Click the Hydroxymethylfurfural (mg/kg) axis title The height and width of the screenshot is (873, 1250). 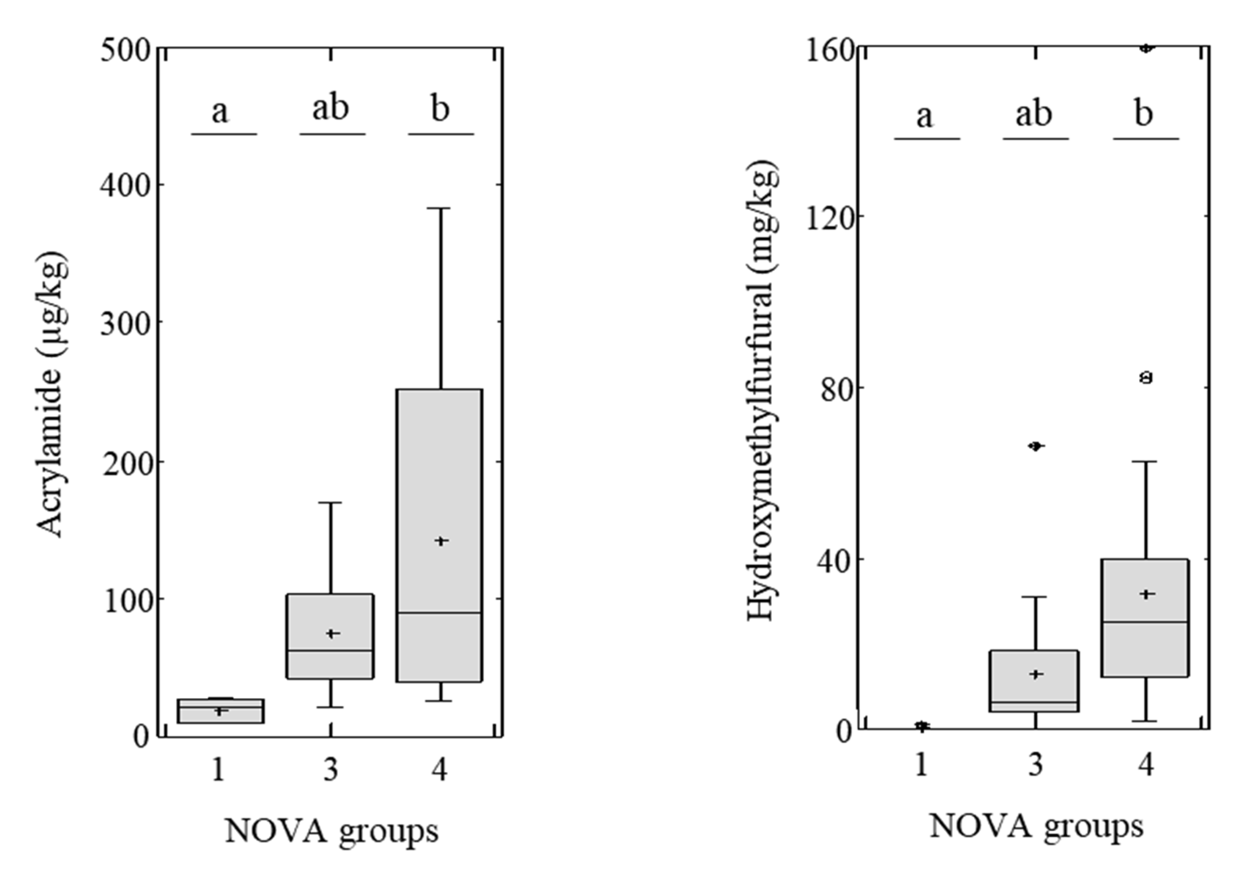pos(762,391)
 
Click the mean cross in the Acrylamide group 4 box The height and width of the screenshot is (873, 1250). pos(441,541)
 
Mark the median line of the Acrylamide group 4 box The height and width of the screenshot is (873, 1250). pos(439,613)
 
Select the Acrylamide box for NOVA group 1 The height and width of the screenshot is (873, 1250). pos(220,711)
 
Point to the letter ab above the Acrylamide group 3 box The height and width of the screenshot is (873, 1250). pos(330,108)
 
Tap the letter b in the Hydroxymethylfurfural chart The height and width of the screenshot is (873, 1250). pos(1144,114)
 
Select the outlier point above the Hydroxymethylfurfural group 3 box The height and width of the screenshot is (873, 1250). pos(1036,446)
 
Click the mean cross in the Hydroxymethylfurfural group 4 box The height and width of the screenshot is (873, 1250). pos(1147,594)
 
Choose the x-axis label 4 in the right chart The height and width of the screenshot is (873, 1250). pos(1146,765)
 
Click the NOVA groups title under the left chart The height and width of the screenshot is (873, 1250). pos(332,832)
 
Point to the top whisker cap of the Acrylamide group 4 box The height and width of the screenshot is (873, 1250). pos(441,208)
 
